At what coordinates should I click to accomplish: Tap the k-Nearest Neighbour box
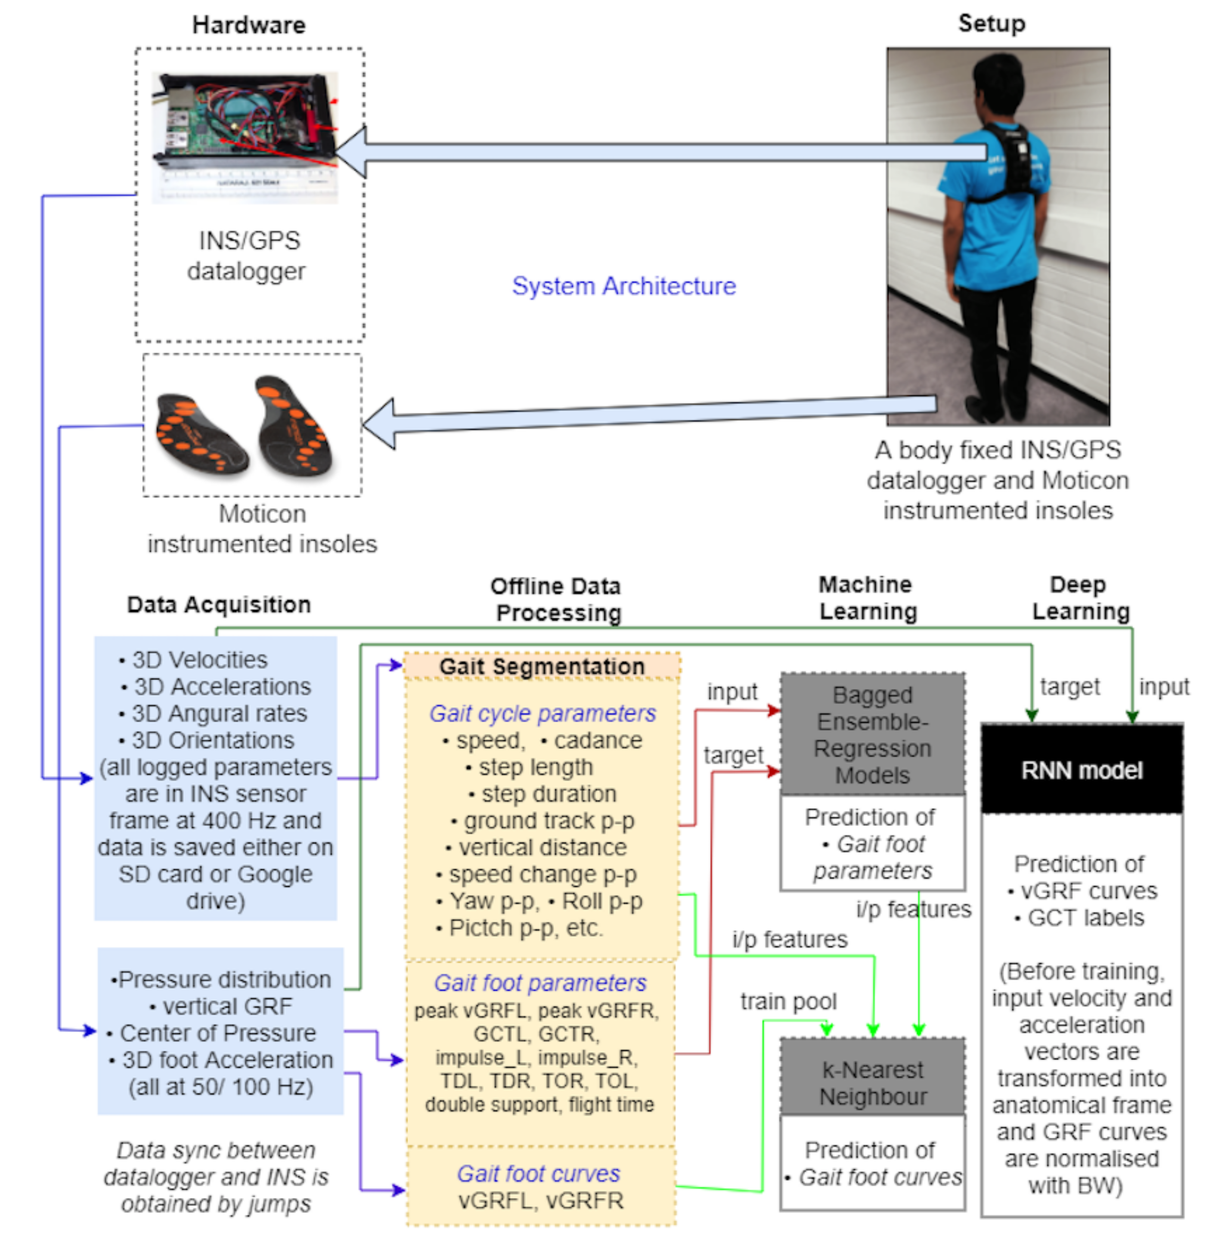point(872,1083)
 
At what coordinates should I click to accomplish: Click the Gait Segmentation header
point(542,666)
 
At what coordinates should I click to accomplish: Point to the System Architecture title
point(623,286)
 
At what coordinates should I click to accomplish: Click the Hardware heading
point(249,25)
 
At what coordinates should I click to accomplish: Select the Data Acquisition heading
point(219,604)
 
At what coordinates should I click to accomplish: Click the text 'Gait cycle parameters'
point(542,713)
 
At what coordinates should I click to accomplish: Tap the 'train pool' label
point(789,1001)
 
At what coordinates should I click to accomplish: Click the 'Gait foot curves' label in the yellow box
point(539,1173)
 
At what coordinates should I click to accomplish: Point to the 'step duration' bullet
point(542,794)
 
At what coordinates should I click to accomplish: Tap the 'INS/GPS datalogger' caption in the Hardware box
point(247,256)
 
